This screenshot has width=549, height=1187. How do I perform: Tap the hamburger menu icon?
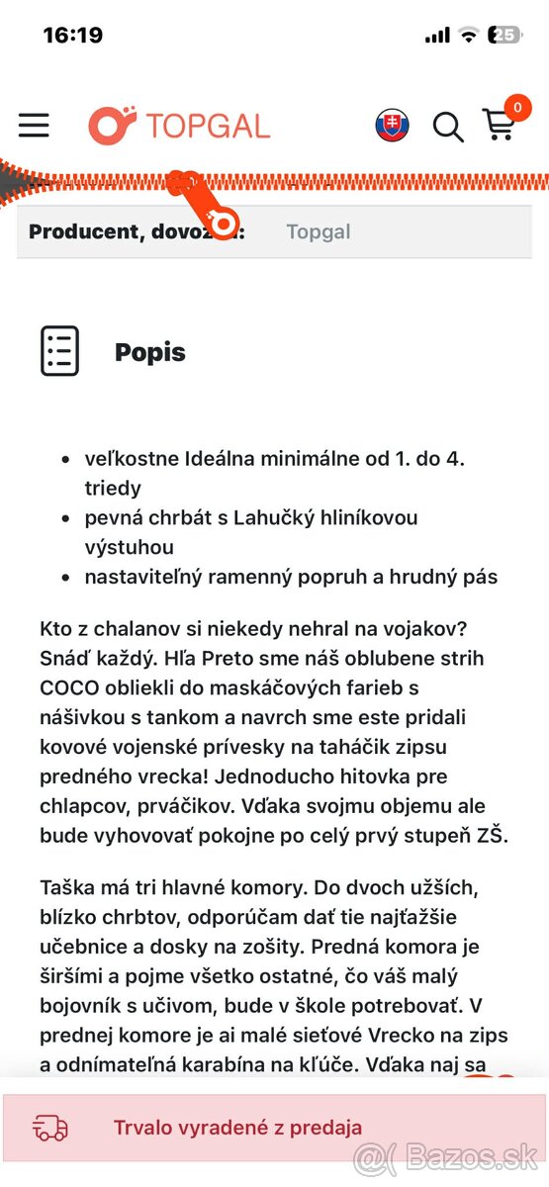[34, 125]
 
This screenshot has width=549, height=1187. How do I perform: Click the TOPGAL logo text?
[208, 126]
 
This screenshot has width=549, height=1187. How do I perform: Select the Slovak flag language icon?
[393, 126]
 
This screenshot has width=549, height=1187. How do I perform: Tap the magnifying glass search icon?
[448, 127]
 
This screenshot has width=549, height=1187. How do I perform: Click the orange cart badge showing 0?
[516, 107]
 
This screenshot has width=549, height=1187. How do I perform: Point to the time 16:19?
[73, 36]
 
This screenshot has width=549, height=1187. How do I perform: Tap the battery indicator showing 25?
[504, 35]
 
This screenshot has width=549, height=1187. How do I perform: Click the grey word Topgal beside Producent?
[319, 231]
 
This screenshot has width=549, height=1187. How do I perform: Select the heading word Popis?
[150, 352]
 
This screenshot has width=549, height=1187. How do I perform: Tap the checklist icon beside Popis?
[59, 351]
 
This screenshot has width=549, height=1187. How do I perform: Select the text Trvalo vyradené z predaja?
[237, 1128]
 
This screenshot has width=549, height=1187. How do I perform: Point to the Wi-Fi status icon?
[468, 35]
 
